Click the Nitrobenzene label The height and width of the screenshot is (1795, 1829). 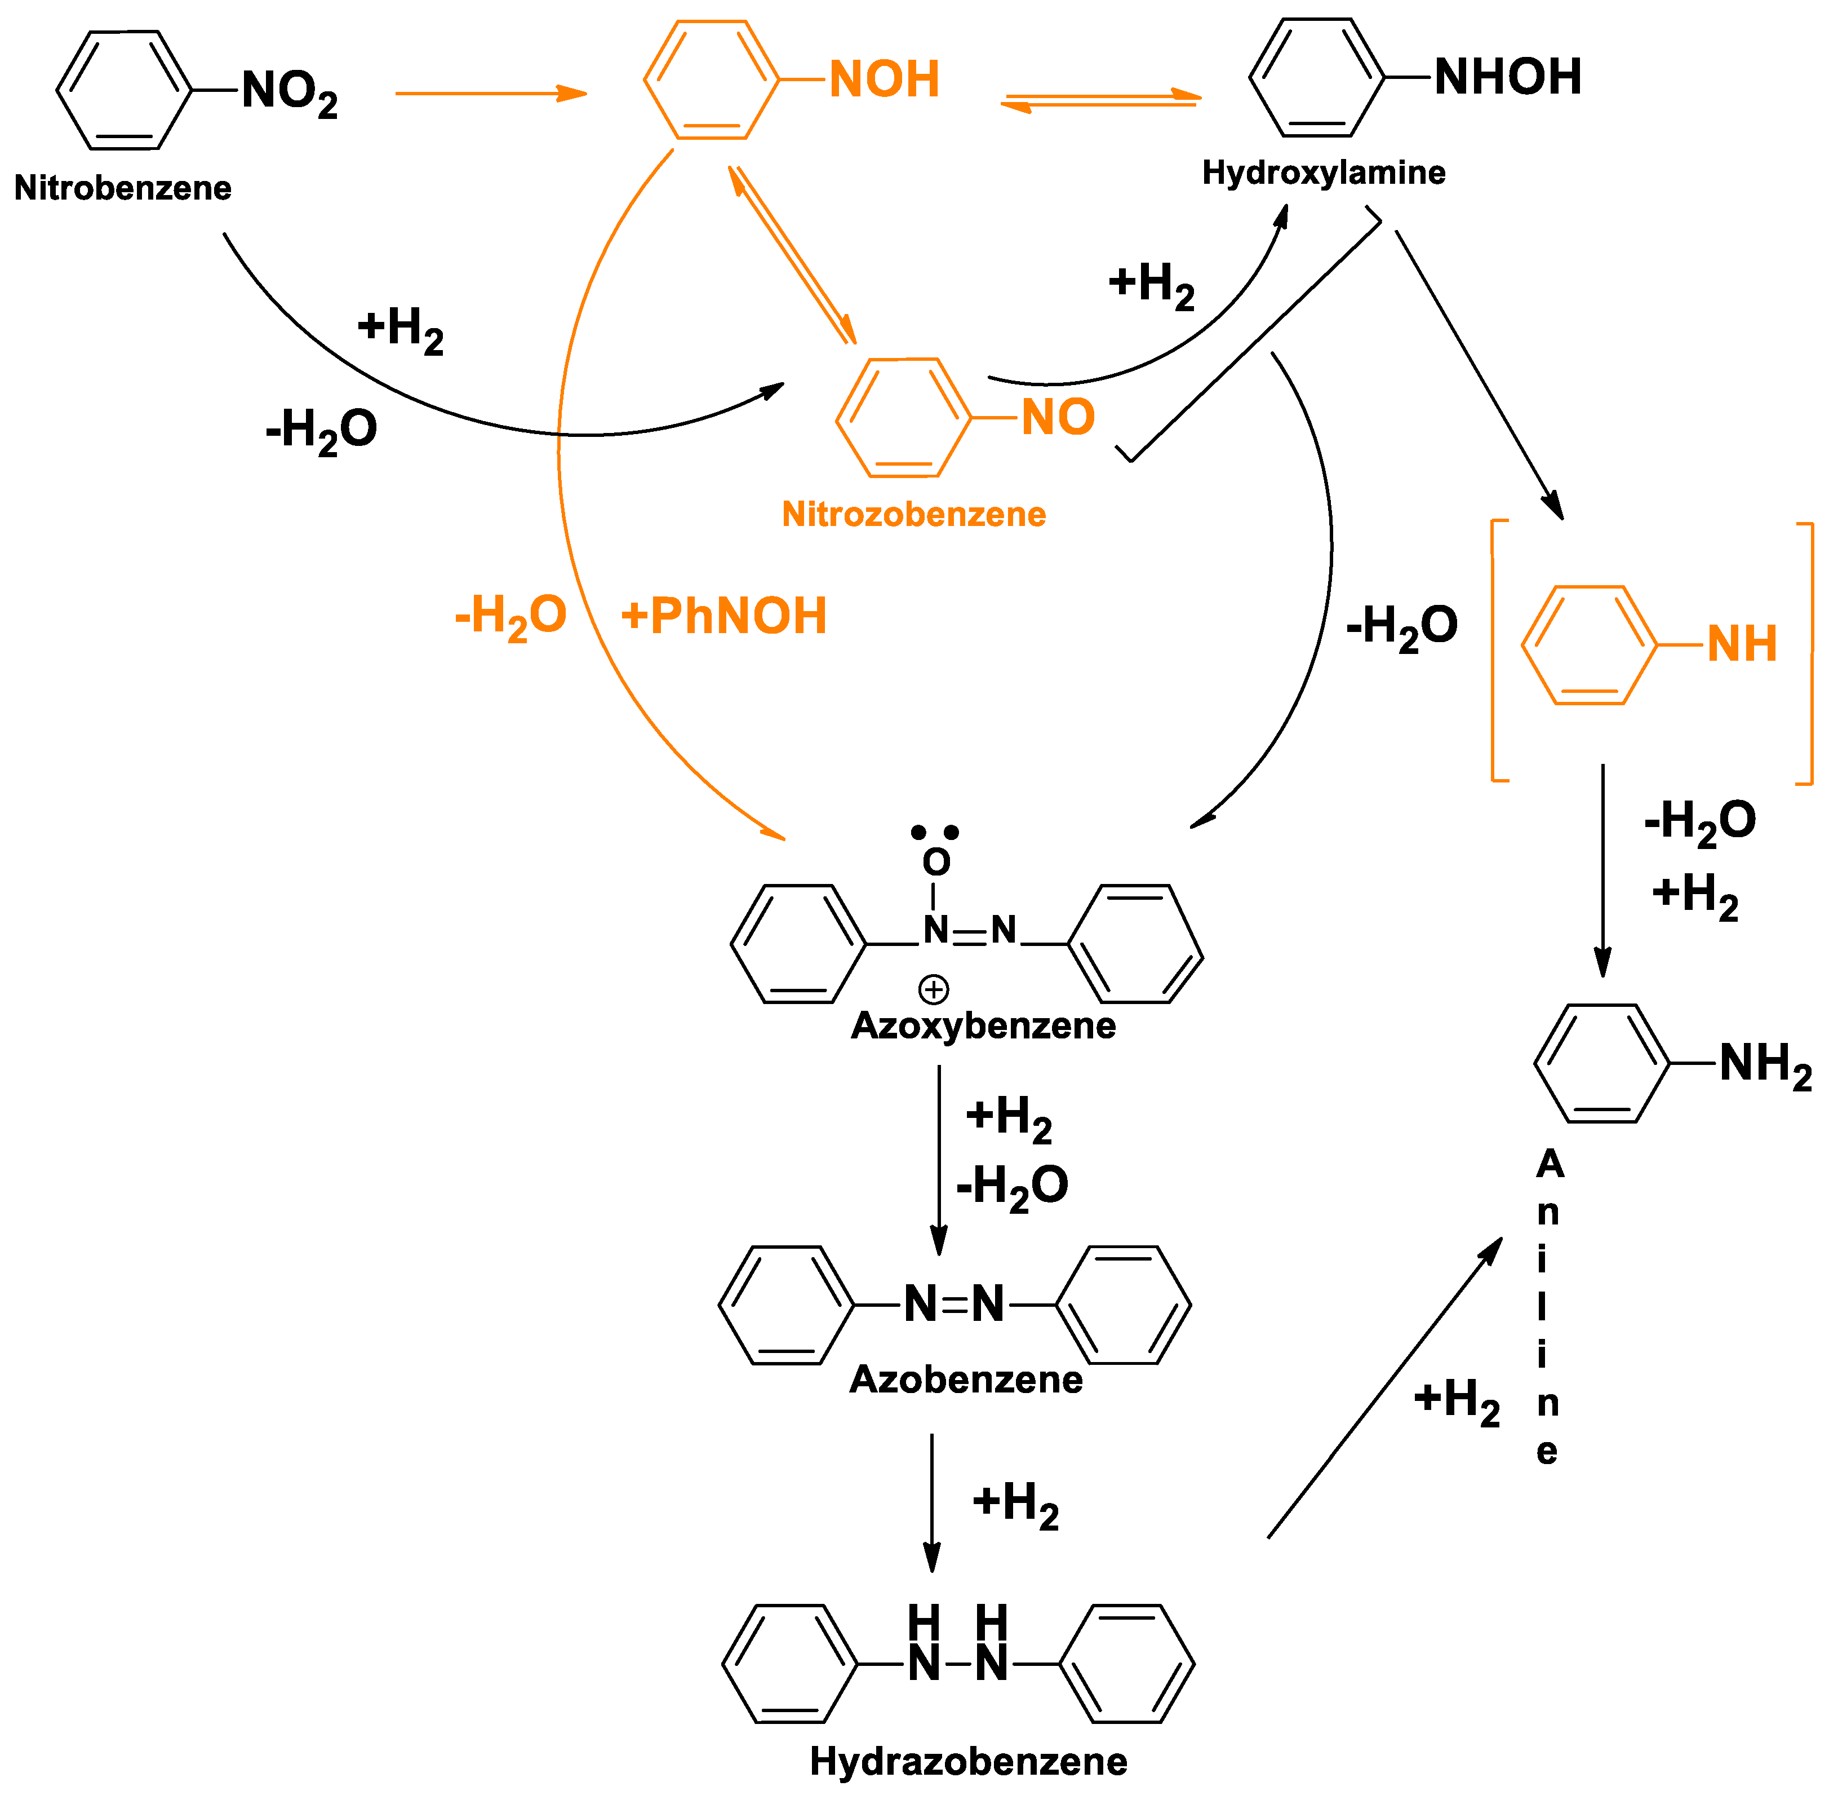click(122, 188)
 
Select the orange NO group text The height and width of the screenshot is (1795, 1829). click(1057, 417)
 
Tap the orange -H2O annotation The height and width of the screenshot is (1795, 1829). click(510, 617)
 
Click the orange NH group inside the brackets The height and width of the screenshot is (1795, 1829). click(1741, 645)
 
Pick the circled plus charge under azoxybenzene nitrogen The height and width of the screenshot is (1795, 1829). click(933, 989)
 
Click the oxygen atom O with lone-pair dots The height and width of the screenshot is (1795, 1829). click(936, 861)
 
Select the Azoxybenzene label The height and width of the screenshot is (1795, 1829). click(982, 1025)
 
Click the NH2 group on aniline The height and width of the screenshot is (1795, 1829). click(1764, 1065)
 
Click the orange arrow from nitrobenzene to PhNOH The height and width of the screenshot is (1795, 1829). click(490, 94)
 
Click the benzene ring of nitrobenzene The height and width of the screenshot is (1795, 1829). click(125, 91)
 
